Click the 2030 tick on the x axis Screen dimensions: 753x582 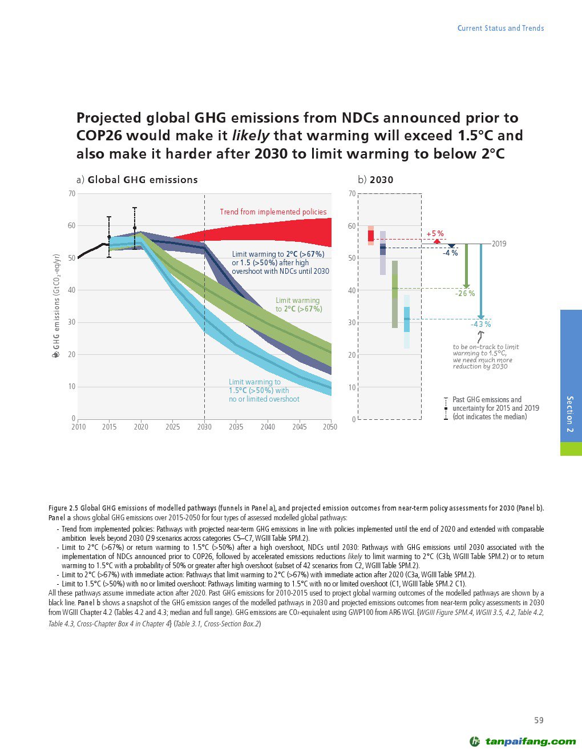click(204, 427)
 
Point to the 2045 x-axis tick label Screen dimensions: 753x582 click(299, 427)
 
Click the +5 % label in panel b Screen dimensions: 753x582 click(435, 234)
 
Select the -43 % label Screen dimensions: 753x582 click(480, 324)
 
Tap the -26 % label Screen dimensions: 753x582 click(464, 293)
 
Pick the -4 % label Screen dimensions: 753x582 click(450, 253)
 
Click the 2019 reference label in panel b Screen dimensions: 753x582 click(499, 244)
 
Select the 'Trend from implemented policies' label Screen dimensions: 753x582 click(273, 212)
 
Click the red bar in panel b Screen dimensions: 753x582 click(371, 235)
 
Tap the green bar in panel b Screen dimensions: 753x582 click(395, 294)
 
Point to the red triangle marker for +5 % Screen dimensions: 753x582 click(437, 241)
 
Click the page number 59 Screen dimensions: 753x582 click(539, 720)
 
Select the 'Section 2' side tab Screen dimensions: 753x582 click(571, 414)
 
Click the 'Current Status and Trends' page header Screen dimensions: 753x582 click(500, 28)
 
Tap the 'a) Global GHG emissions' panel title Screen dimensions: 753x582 click(137, 180)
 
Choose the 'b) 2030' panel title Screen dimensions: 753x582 click(375, 180)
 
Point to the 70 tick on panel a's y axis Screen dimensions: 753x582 click(72, 194)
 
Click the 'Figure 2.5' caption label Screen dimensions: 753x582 click(63, 508)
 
